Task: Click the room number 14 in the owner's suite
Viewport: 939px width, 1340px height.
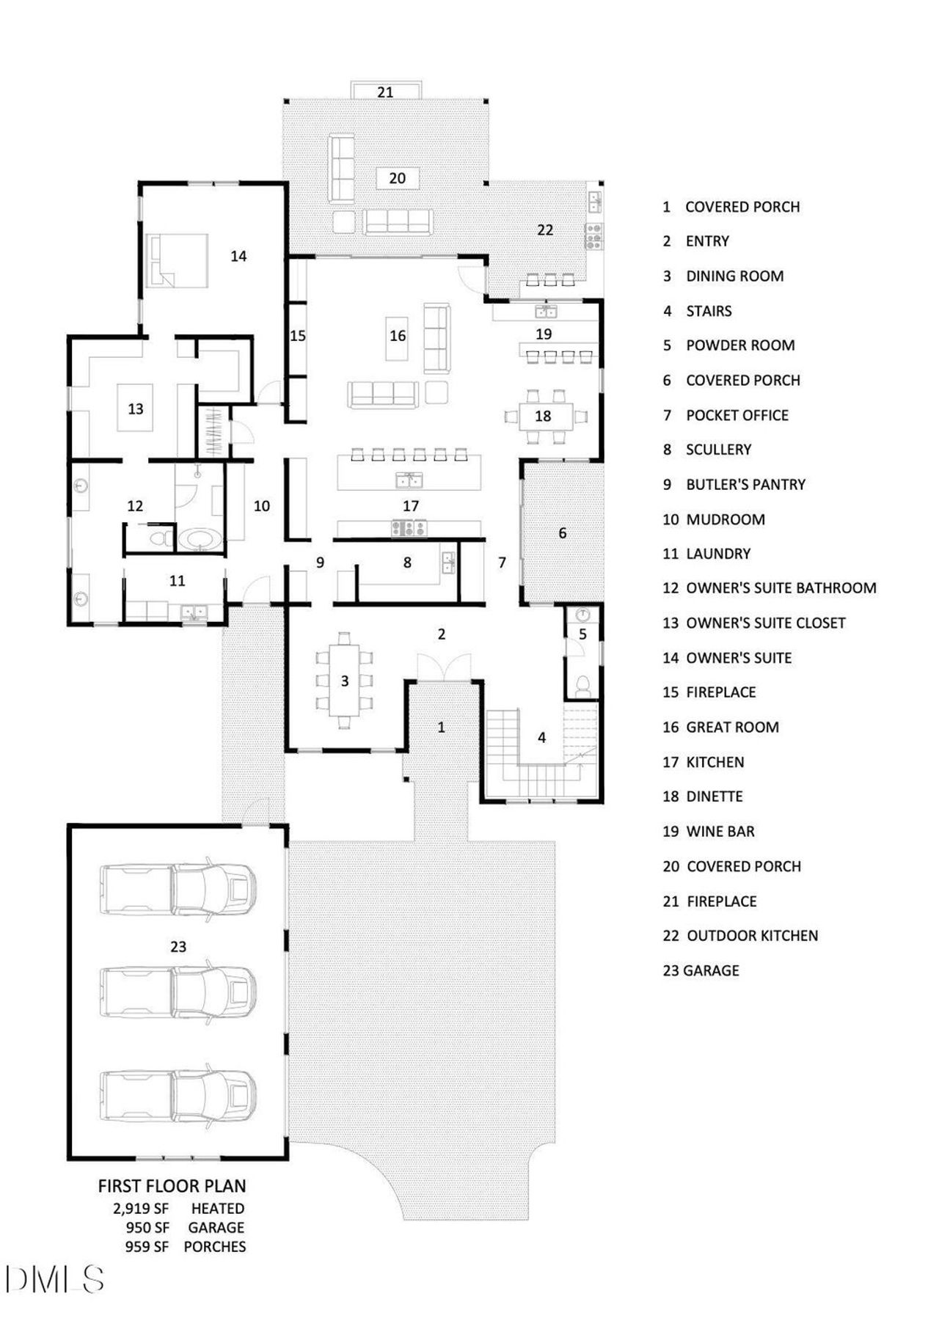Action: [238, 256]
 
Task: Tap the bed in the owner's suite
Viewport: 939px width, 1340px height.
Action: [178, 260]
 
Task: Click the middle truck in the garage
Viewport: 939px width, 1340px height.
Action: [178, 991]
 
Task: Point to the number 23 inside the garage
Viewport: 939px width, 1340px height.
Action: [178, 947]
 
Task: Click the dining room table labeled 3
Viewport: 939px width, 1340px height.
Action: [345, 681]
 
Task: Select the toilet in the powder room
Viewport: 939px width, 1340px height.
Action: [583, 686]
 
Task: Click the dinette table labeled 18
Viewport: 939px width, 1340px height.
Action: [544, 417]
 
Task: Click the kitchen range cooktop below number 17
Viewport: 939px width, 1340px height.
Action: [409, 527]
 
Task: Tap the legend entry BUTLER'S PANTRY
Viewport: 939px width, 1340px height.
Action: [745, 484]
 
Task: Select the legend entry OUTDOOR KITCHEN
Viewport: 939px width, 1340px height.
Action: [752, 936]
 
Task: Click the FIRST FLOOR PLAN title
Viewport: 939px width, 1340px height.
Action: [172, 1186]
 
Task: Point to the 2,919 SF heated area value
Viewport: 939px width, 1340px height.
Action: [141, 1209]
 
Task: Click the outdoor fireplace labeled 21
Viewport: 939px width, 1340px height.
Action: [386, 91]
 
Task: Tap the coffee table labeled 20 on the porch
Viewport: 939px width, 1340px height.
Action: [397, 178]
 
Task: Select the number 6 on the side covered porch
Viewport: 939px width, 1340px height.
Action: [563, 533]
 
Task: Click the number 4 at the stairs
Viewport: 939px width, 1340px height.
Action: [542, 738]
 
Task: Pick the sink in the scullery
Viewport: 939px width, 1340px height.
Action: [447, 563]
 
